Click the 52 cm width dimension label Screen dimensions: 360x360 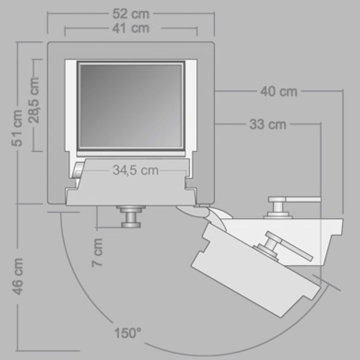pos(131,14)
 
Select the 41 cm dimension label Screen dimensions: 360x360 pos(131,28)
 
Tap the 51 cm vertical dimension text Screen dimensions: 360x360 pos(17,128)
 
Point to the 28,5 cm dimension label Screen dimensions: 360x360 pos(34,100)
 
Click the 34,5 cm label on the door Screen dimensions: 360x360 pos(135,170)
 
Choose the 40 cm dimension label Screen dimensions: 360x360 pos(279,91)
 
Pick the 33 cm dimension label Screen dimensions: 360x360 pos(268,124)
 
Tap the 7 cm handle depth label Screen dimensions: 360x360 pos(97,253)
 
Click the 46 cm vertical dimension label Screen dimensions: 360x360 pos(17,276)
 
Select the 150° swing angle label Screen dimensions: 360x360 pos(128,333)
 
